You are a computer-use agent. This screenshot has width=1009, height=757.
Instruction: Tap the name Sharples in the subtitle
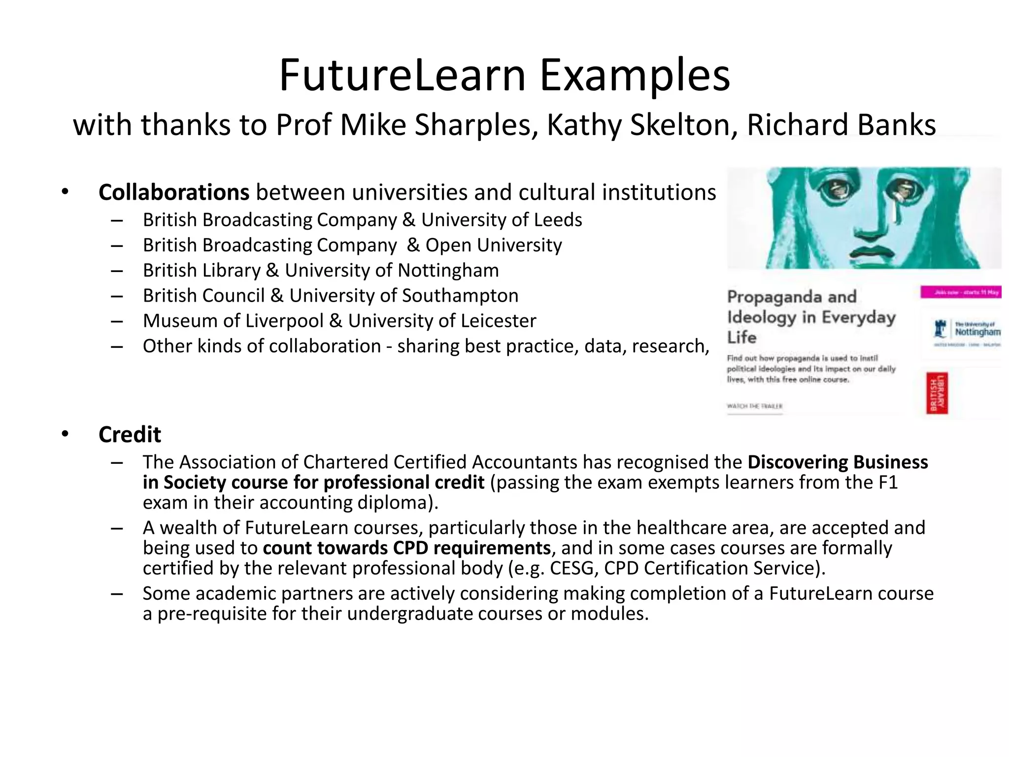(x=475, y=125)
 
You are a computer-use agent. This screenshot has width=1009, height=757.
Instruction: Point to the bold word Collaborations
(x=174, y=192)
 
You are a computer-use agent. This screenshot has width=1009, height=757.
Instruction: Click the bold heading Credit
(x=130, y=435)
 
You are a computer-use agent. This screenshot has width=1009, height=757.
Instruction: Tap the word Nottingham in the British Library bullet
(x=448, y=271)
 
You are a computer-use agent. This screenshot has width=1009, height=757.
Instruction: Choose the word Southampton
(x=460, y=296)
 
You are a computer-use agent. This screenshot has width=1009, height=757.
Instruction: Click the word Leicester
(x=498, y=321)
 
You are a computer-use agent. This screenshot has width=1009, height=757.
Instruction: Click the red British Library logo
(x=937, y=393)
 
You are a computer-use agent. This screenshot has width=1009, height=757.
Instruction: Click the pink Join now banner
(x=960, y=292)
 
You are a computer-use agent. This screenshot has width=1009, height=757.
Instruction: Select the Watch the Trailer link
(x=754, y=406)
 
